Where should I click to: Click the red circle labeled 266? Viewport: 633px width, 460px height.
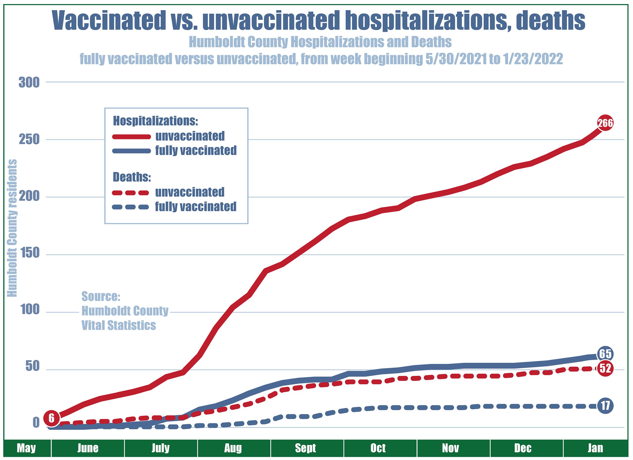point(605,123)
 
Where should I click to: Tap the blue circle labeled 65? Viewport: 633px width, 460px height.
point(605,355)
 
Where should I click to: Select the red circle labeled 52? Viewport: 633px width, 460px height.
point(605,369)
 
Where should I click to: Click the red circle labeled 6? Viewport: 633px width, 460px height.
point(51,418)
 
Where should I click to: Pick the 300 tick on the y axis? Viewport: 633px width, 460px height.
point(29,83)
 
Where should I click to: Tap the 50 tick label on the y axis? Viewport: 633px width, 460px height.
point(32,367)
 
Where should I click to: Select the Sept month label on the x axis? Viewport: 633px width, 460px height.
point(306,448)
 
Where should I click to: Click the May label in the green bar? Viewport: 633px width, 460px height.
point(26,448)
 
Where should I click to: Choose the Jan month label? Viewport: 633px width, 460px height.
point(595,448)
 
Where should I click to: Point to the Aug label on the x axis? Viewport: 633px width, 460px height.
point(233,448)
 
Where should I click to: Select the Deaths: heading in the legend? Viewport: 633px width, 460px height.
point(132,177)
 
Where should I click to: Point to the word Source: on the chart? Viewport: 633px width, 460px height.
point(101,297)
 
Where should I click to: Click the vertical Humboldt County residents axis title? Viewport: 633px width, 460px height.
point(12,228)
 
